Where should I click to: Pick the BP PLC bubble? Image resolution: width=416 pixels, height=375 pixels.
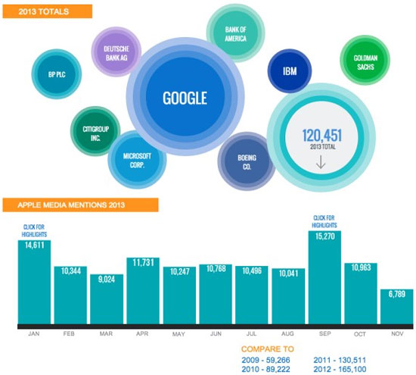(x=52, y=74)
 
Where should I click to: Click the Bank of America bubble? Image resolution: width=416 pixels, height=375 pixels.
(x=235, y=33)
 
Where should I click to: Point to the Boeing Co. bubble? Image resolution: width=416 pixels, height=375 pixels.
(x=246, y=162)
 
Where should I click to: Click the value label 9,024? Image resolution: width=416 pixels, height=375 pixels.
(x=106, y=277)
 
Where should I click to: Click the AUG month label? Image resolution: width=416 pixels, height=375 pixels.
(x=288, y=333)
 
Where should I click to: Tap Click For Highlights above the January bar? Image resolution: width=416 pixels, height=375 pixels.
(x=34, y=230)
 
